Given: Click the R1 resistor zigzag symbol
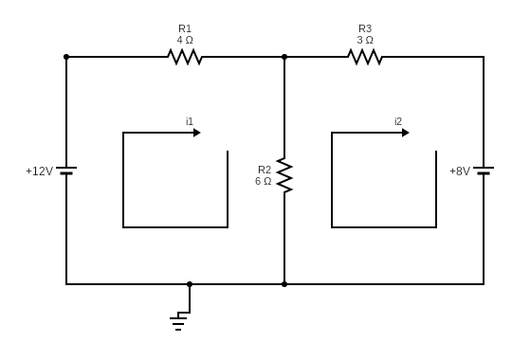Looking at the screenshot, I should [x=185, y=57].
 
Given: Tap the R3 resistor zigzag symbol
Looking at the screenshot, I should [x=365, y=57].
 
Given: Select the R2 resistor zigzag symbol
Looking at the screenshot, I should [x=284, y=175].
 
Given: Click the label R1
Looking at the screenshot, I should [x=185, y=28].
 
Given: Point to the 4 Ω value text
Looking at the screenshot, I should [x=185, y=40].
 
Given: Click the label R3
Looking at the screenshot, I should [x=365, y=28].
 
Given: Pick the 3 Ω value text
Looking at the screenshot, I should [x=365, y=40].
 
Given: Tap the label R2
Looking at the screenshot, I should [x=264, y=170].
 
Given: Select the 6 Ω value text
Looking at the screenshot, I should [x=263, y=181].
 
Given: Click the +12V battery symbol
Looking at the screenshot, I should [x=66, y=171].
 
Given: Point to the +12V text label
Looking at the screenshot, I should [x=39, y=171].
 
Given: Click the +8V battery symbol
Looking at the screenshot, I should [x=484, y=171].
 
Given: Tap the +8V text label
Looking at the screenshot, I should [x=459, y=171].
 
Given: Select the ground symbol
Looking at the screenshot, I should [x=178, y=322].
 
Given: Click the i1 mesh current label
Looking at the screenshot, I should [x=190, y=121].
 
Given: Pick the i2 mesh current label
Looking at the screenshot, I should [x=398, y=121].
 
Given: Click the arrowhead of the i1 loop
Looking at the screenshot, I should [x=196, y=133].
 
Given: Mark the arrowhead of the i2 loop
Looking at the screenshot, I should [x=405, y=133].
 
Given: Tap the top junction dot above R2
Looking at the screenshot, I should [x=284, y=57].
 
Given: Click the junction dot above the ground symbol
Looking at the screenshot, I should [x=190, y=284].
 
